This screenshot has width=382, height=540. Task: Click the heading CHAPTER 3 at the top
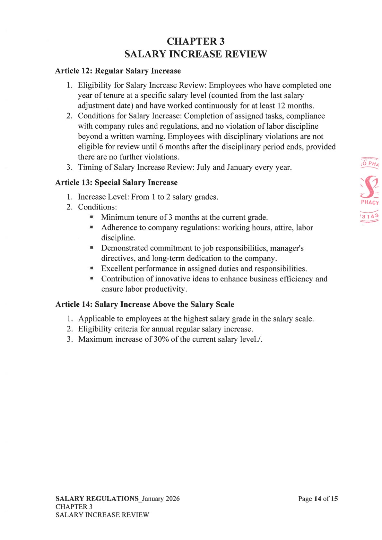point(195,41)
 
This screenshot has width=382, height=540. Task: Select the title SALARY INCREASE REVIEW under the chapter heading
point(195,54)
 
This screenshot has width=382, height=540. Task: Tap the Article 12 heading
point(118,71)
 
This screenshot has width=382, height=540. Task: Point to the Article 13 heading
point(116,183)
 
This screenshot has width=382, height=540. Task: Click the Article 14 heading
point(144,304)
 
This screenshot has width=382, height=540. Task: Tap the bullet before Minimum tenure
point(92,217)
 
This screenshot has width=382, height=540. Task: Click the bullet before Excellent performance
point(92,268)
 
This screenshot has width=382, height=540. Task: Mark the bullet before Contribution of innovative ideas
point(92,279)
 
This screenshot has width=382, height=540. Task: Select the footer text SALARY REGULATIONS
point(97,499)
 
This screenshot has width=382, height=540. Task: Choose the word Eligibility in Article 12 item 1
point(95,85)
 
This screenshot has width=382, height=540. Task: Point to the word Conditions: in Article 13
point(97,207)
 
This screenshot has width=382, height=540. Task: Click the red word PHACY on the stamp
point(370,202)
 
